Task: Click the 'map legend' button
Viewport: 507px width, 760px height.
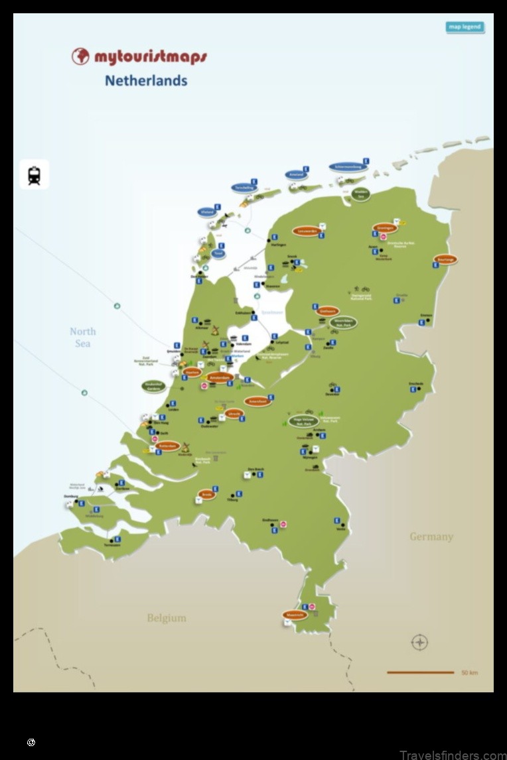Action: pyautogui.click(x=465, y=27)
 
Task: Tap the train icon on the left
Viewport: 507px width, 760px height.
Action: pyautogui.click(x=35, y=175)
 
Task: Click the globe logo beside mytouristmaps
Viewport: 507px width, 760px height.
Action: pyautogui.click(x=80, y=56)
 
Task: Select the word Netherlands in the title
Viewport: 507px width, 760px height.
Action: pyautogui.click(x=146, y=81)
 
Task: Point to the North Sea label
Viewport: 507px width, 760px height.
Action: pyautogui.click(x=83, y=338)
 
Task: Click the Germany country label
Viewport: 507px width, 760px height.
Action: pyautogui.click(x=431, y=537)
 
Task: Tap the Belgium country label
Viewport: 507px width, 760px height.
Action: pyautogui.click(x=167, y=618)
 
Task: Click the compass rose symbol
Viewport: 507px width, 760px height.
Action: pyautogui.click(x=419, y=642)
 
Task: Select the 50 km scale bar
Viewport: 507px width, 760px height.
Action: pyautogui.click(x=421, y=672)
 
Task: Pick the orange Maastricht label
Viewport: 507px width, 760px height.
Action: pyautogui.click(x=295, y=615)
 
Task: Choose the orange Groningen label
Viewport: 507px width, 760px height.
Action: pyautogui.click(x=385, y=227)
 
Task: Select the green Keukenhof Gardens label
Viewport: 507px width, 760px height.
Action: pyautogui.click(x=154, y=385)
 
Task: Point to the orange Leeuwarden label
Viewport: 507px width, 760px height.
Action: pyautogui.click(x=307, y=231)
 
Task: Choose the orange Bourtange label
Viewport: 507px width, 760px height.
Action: pyautogui.click(x=445, y=259)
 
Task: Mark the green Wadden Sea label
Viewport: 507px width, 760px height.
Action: pyautogui.click(x=361, y=194)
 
